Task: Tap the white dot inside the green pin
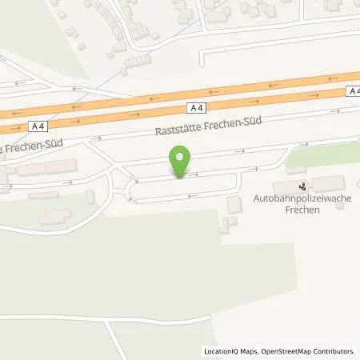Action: pos(181,156)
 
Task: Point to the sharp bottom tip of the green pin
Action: pos(181,178)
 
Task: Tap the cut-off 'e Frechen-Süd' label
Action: pos(25,149)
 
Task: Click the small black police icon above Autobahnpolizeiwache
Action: pos(302,186)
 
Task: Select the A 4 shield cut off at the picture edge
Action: pos(354,92)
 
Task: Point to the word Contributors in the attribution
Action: pos(336,350)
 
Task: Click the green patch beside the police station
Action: pos(320,156)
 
